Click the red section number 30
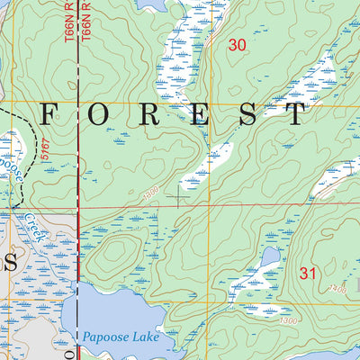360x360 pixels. coord(238,45)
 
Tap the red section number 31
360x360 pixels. coord(309,272)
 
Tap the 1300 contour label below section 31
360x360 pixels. coord(287,321)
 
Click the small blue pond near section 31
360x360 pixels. coord(268,257)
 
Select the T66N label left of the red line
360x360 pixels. coord(69,20)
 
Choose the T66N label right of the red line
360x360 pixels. coord(87,20)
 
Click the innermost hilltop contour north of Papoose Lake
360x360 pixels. coord(116,252)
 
